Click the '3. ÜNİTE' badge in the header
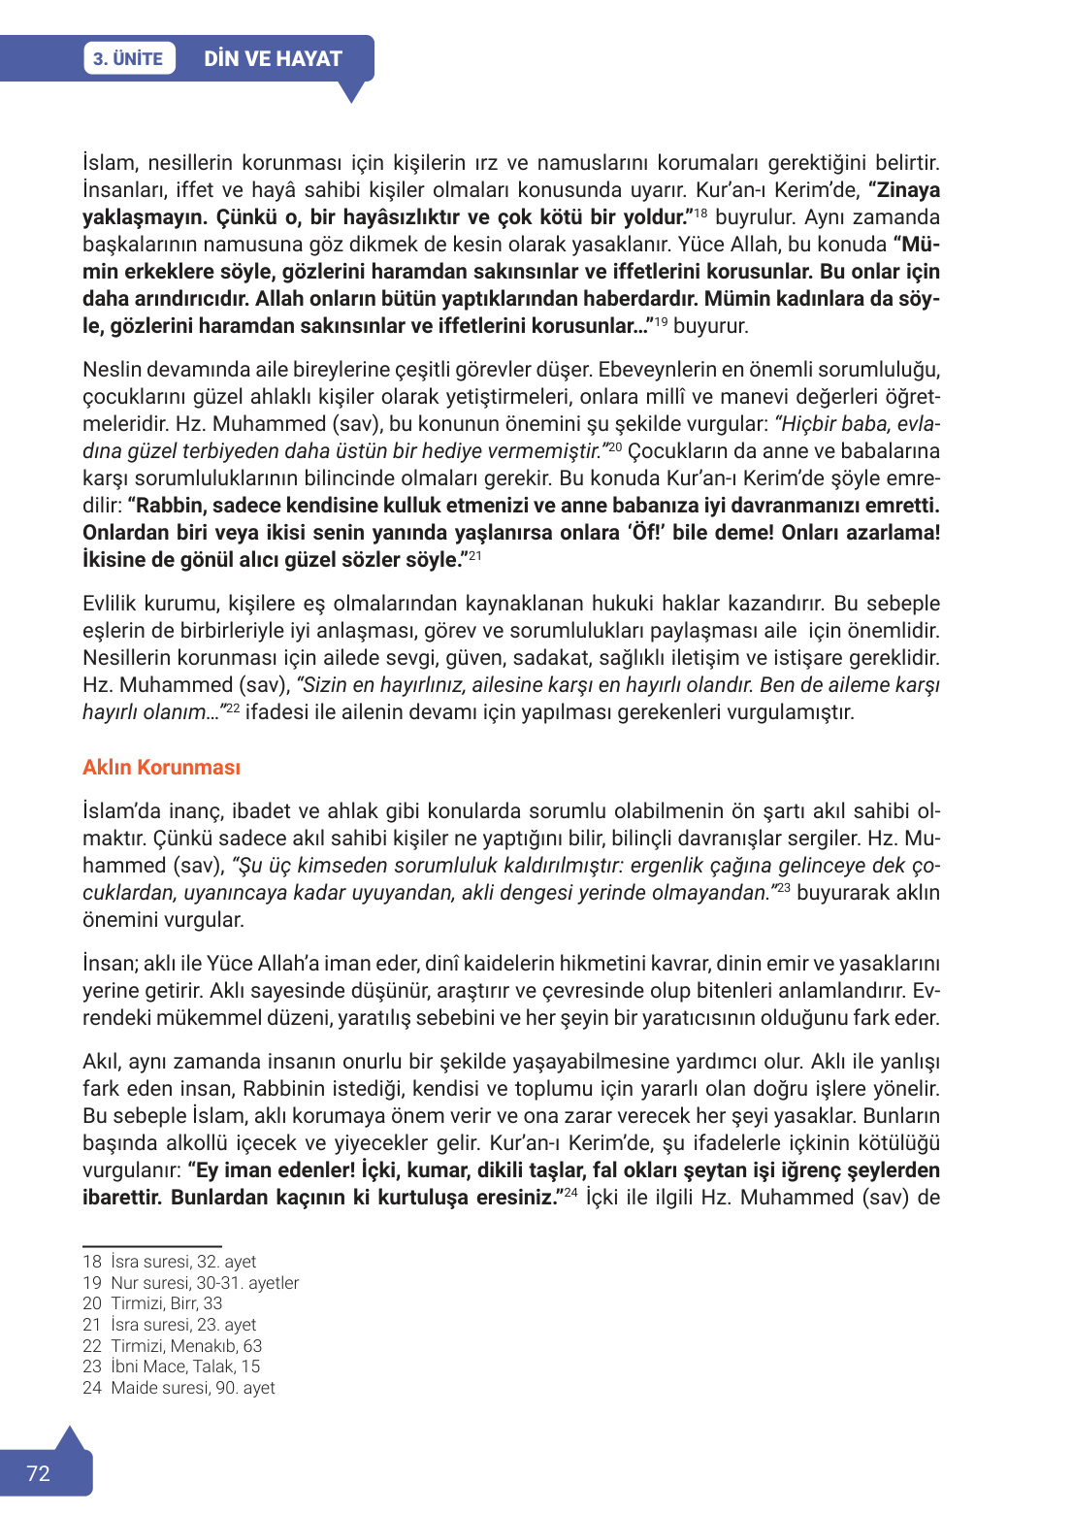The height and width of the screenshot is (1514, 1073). point(128,58)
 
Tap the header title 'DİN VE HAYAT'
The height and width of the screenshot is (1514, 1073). point(273,58)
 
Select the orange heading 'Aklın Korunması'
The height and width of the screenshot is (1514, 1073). point(161,767)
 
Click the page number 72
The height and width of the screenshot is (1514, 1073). point(38,1473)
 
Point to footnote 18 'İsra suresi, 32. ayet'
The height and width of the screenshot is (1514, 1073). point(170,1262)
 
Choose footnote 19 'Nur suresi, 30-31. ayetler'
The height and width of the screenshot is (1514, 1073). point(191,1283)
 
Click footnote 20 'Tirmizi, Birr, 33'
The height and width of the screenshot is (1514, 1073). point(152,1303)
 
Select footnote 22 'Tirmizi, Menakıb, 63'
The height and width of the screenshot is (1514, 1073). point(173,1346)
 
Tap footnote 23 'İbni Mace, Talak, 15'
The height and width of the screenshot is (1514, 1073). point(172,1366)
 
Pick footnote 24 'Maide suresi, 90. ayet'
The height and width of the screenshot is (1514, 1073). point(179,1388)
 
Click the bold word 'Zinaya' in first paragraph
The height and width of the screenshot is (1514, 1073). point(908,190)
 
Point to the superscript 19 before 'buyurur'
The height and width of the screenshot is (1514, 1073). point(661,320)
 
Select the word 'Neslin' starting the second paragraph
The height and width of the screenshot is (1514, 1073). point(110,370)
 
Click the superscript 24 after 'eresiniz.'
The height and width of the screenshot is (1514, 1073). point(570,1192)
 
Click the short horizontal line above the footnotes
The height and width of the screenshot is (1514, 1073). point(152,1245)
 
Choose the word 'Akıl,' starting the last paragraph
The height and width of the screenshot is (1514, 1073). point(103,1062)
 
